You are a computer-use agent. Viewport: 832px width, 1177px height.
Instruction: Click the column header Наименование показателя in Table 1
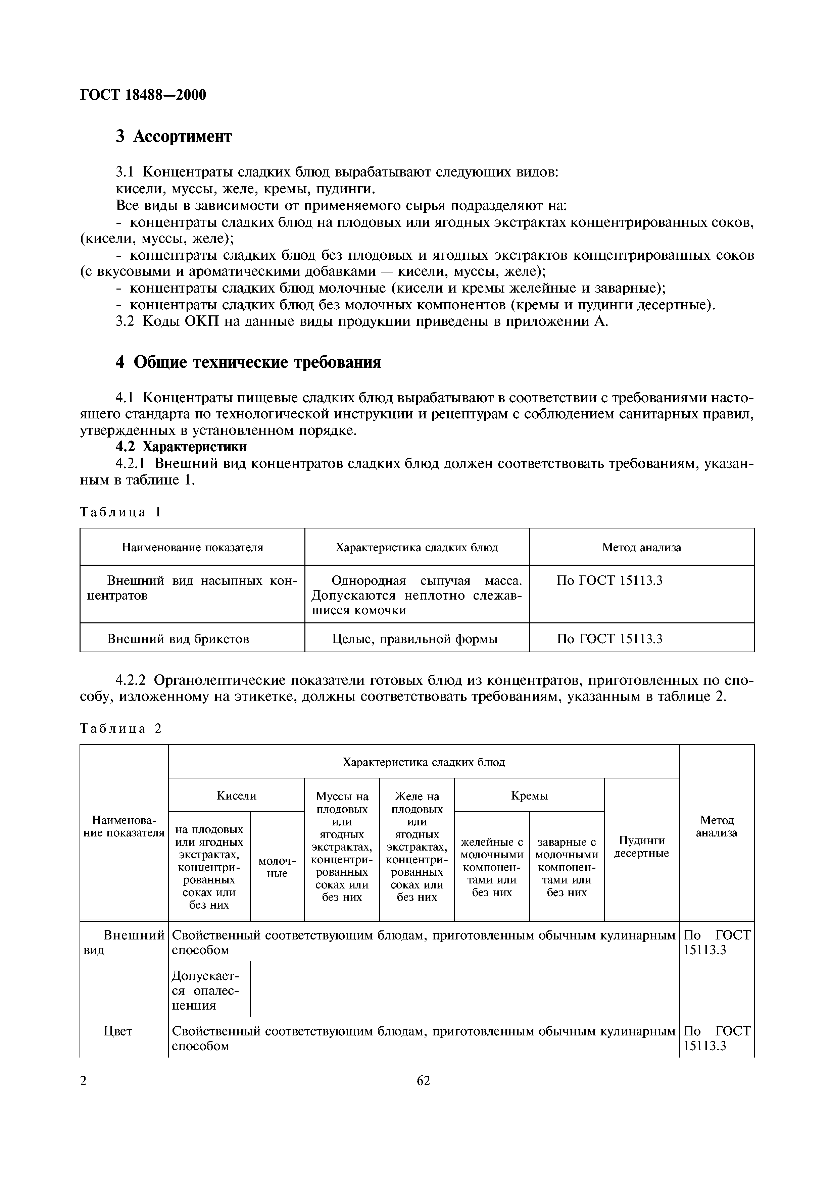tap(192, 548)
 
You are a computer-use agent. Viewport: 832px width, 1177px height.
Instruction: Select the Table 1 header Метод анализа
tap(641, 548)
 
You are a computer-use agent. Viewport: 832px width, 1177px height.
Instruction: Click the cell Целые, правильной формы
tap(415, 639)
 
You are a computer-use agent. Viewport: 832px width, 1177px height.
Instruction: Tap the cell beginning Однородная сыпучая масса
tap(417, 595)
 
